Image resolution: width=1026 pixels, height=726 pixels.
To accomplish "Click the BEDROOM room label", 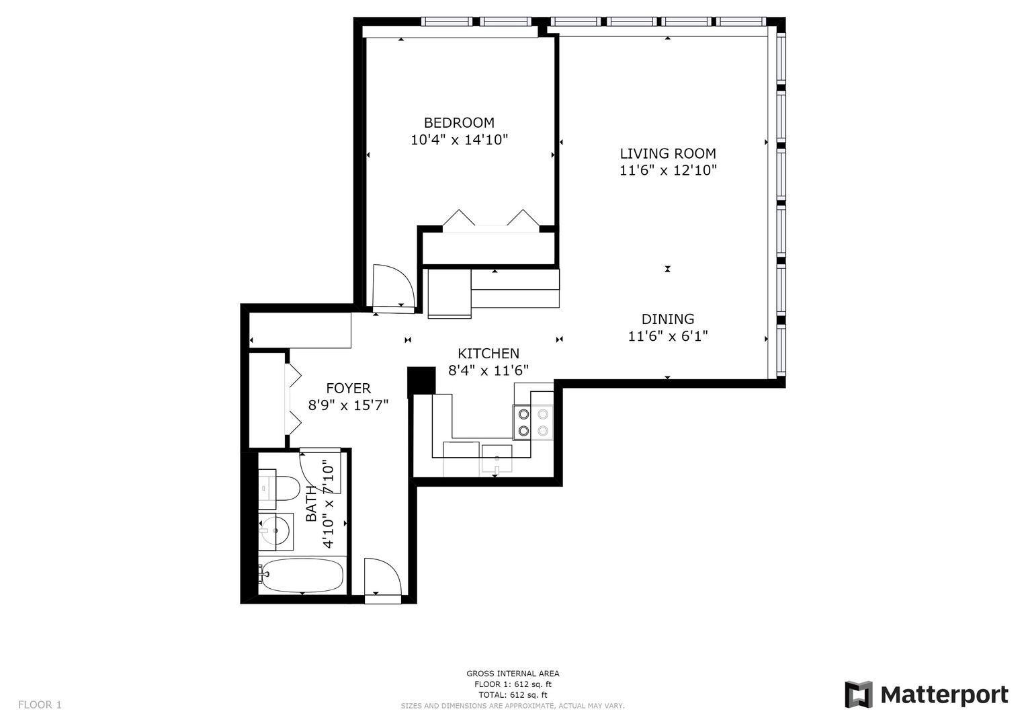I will [x=459, y=122].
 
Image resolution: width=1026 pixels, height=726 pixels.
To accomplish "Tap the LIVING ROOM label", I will [x=667, y=153].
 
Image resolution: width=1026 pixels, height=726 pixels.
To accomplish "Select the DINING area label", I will [x=667, y=319].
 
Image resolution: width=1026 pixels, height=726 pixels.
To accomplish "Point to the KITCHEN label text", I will [x=488, y=354].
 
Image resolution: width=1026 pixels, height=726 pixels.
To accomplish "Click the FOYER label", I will [x=348, y=389].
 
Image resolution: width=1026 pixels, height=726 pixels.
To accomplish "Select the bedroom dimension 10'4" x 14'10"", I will [x=459, y=140].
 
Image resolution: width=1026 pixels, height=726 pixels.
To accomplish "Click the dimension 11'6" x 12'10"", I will [x=667, y=171].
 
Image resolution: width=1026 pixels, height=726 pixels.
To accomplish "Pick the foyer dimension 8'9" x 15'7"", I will [x=348, y=405].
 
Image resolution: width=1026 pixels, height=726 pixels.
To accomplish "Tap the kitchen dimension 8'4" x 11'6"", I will [x=488, y=370].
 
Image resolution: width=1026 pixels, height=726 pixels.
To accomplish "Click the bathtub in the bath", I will [x=302, y=575].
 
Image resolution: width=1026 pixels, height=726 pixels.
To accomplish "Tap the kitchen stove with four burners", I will [x=532, y=423].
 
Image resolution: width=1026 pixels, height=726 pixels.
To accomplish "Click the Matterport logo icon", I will [x=858, y=694].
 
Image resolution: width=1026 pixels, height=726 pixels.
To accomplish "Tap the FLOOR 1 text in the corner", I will [x=40, y=704].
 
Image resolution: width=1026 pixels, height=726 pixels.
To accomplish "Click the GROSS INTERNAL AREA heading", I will [x=513, y=674].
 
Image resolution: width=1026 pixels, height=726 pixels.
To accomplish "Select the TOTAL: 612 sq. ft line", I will [x=513, y=695].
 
